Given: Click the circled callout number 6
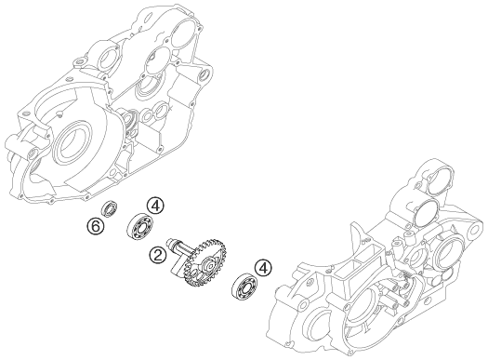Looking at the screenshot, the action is pos(95,226).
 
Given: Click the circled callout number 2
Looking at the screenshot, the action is pos(158,256).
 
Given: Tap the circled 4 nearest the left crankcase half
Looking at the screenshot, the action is pos(155,206).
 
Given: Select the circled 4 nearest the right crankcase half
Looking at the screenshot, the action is pos(263,269).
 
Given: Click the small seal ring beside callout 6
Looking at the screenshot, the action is pos(110,209).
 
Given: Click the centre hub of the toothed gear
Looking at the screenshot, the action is pos(209,265).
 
